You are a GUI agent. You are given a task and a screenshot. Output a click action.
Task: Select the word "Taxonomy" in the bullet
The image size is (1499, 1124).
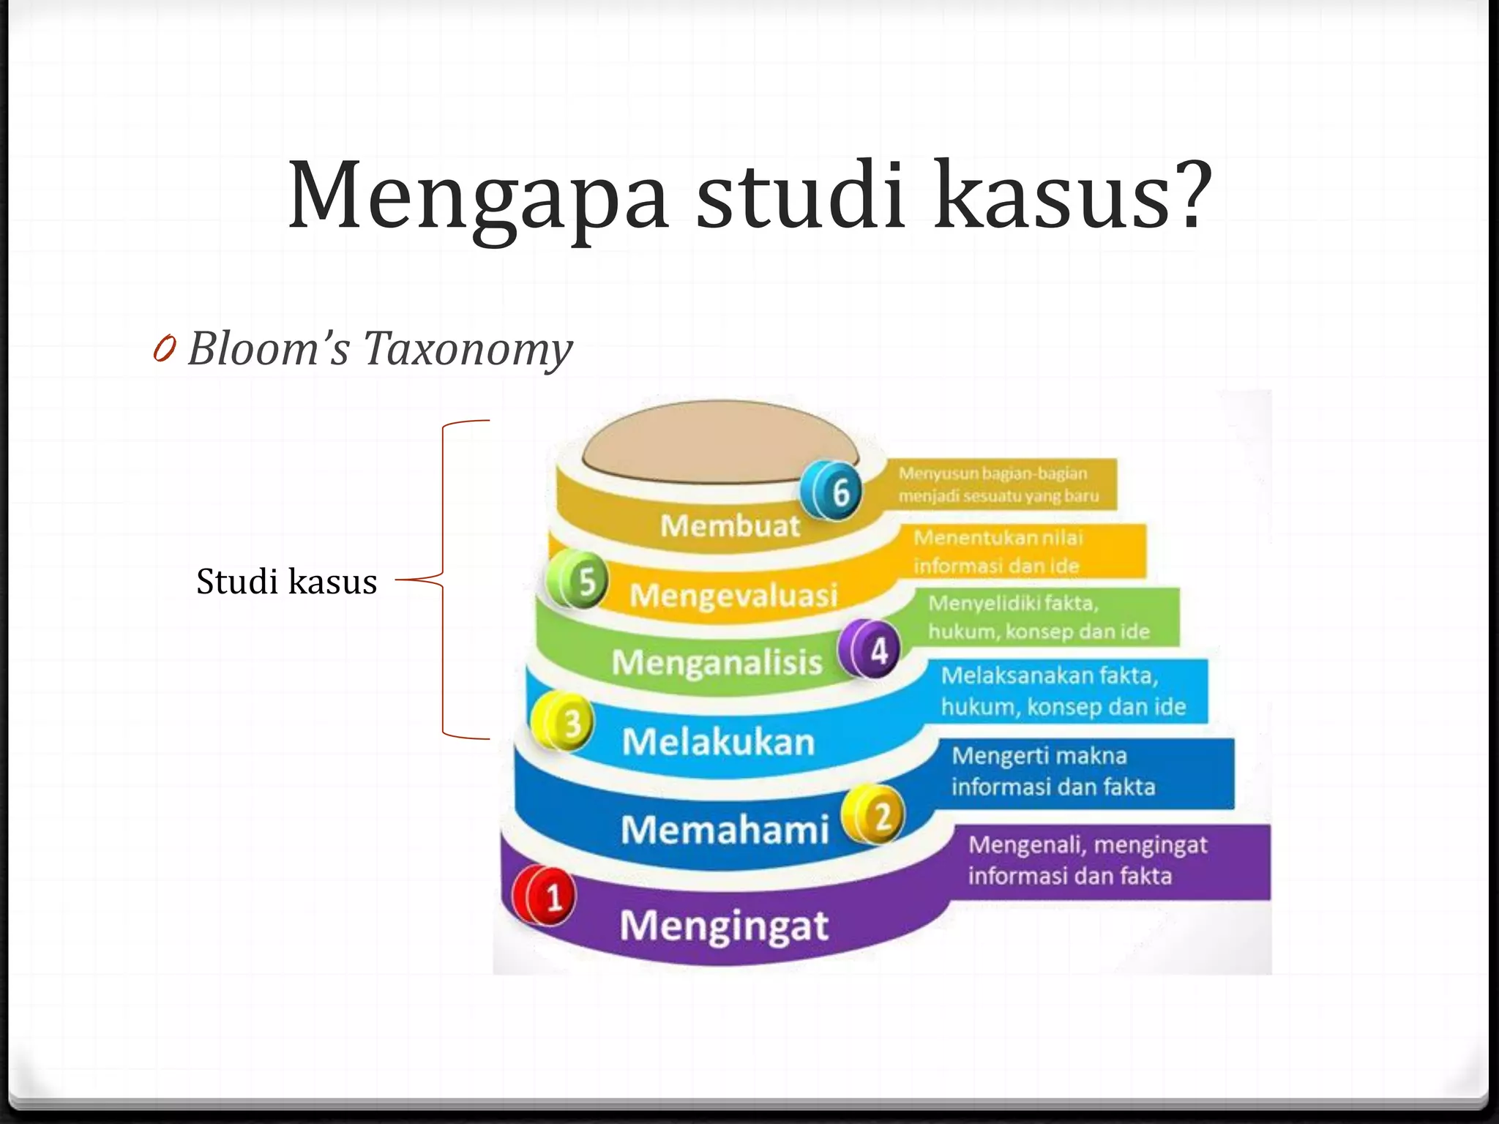point(468,348)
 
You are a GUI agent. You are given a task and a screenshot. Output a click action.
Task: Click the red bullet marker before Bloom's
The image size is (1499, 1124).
point(165,349)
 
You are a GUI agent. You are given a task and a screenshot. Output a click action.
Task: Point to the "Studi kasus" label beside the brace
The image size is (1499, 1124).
point(286,582)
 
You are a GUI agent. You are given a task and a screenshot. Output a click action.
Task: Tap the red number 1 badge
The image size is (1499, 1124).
point(546,896)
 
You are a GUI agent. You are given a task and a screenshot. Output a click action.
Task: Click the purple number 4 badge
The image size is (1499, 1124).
point(871,648)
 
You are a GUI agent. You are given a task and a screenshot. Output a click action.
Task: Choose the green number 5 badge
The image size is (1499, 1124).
point(579,581)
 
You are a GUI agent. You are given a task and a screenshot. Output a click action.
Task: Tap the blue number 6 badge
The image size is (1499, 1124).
point(833,490)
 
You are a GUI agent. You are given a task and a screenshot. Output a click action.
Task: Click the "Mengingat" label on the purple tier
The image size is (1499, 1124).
point(724,926)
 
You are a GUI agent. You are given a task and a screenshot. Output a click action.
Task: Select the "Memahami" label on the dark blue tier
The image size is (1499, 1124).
point(725,830)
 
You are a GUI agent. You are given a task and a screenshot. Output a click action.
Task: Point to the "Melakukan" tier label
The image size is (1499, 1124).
point(718,742)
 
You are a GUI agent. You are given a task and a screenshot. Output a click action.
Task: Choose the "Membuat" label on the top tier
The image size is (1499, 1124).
point(730,525)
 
